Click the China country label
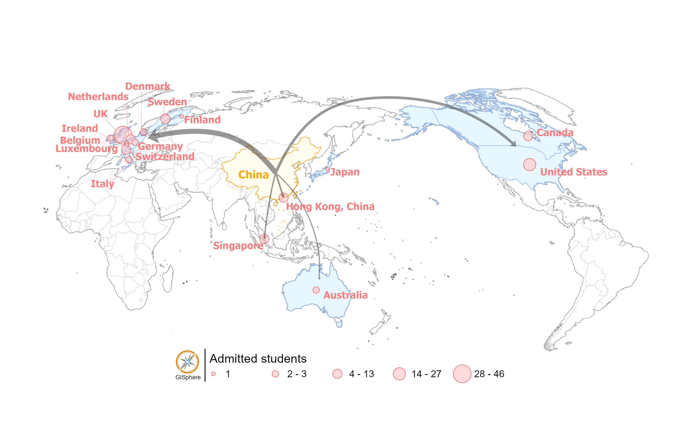253,175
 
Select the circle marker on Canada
528,136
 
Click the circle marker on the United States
529,164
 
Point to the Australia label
345,295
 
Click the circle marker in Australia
316,290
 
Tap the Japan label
345,172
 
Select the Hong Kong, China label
330,206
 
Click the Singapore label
238,246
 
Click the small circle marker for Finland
182,117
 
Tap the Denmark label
148,86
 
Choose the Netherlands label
98,97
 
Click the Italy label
102,184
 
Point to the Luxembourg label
86,148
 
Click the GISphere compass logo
187,362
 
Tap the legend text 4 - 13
361,374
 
